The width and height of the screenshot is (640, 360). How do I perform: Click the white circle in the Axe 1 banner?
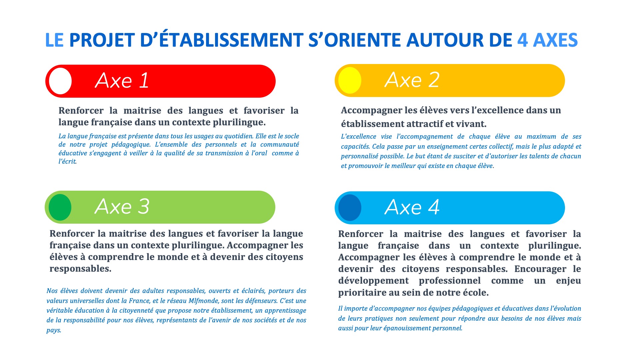click(60, 81)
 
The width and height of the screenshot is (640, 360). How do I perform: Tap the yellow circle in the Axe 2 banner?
click(350, 80)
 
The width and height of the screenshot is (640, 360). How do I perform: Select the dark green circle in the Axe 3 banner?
click(60, 207)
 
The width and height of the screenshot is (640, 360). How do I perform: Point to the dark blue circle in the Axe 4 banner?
click(350, 208)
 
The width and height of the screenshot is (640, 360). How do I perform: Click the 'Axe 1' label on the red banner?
click(122, 80)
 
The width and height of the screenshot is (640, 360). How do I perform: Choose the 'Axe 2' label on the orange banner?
click(412, 80)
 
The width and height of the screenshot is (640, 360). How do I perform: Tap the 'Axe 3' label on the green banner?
click(122, 206)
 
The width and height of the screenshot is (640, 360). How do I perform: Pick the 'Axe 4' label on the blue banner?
click(412, 207)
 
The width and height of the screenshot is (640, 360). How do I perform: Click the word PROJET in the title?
click(102, 40)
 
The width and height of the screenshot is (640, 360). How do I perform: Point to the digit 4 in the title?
click(523, 40)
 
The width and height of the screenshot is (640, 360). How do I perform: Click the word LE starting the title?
click(54, 40)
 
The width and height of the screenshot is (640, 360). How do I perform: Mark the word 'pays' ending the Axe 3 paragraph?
click(53, 331)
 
